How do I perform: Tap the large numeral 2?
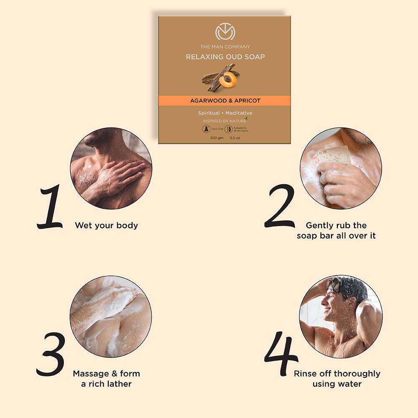[280, 207]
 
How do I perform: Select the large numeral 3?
[51, 354]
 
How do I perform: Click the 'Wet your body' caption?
[106, 226]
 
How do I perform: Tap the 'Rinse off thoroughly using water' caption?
[337, 378]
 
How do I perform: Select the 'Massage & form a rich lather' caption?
[106, 378]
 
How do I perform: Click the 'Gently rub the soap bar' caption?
[336, 231]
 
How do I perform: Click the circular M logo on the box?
[225, 32]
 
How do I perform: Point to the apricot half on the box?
[228, 80]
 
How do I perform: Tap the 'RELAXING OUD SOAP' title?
[225, 57]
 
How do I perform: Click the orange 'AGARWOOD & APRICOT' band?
[225, 101]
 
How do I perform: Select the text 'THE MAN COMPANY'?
[225, 47]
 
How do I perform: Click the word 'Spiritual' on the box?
[209, 113]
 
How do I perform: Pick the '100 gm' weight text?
[217, 138]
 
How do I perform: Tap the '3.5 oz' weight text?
[235, 138]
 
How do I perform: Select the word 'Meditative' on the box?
[239, 113]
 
